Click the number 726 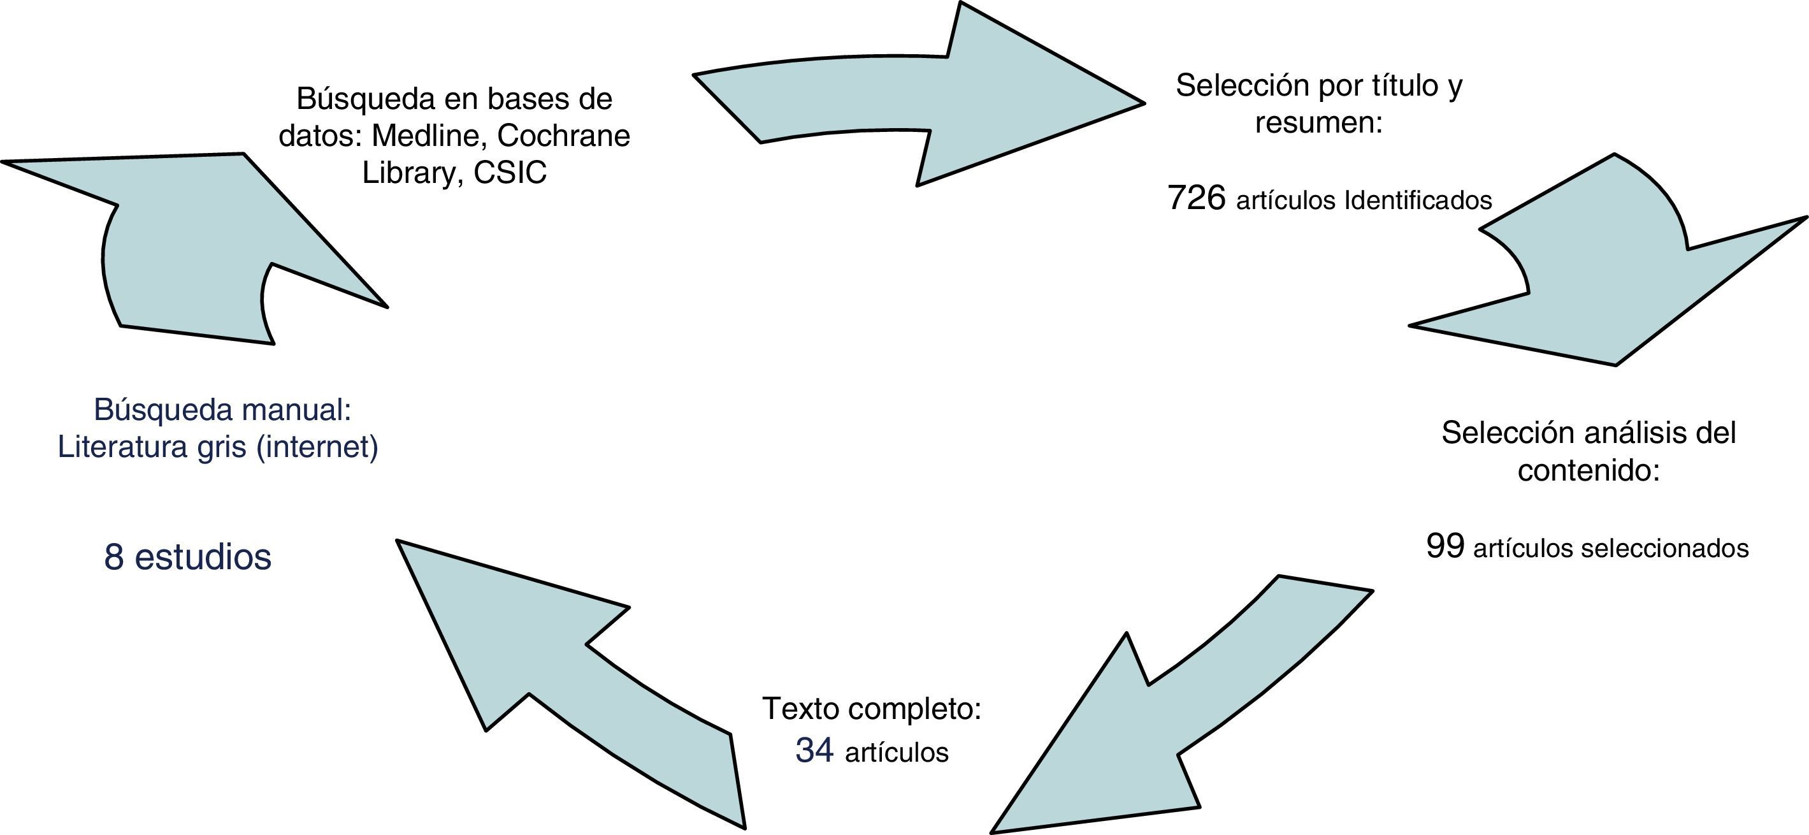pyautogui.click(x=1197, y=198)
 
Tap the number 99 pyautogui.click(x=1445, y=546)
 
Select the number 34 pyautogui.click(x=814, y=750)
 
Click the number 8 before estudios pyautogui.click(x=114, y=557)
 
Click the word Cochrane pyautogui.click(x=563, y=136)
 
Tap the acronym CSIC pyautogui.click(x=510, y=173)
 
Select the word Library pyautogui.click(x=407, y=173)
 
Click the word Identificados pyautogui.click(x=1418, y=201)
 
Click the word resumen pyautogui.click(x=1318, y=123)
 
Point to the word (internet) pyautogui.click(x=317, y=447)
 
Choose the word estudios pyautogui.click(x=202, y=557)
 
